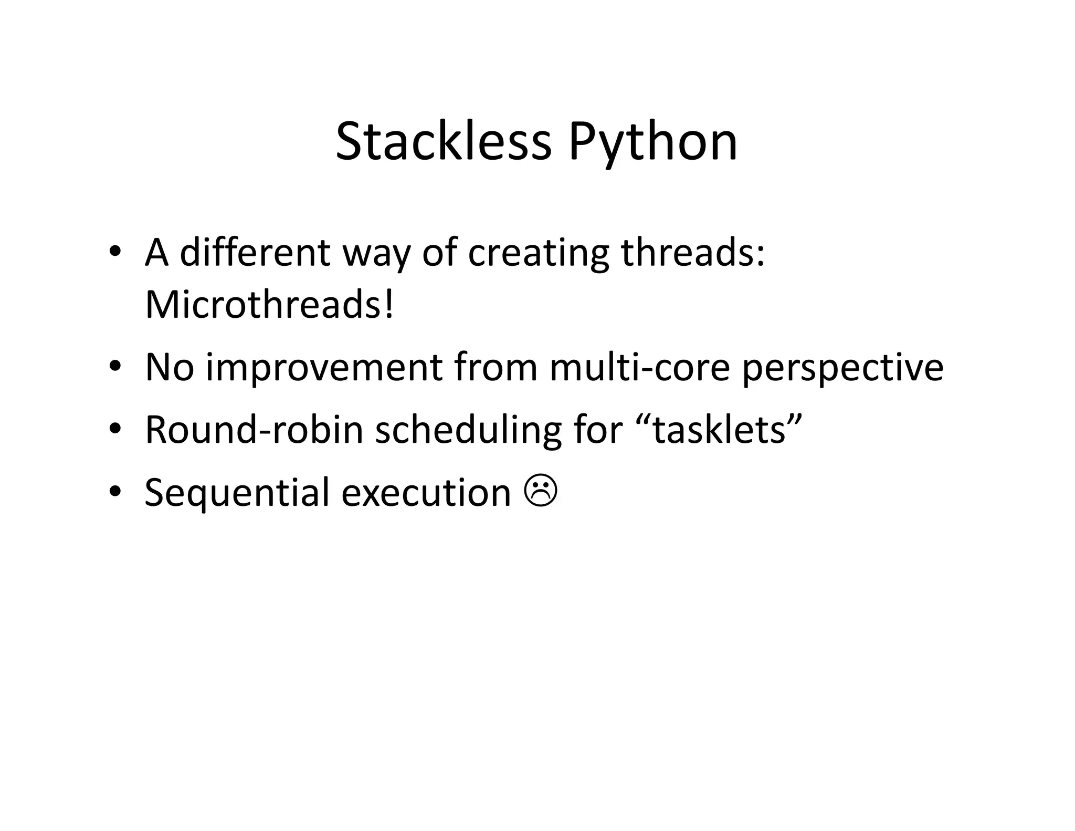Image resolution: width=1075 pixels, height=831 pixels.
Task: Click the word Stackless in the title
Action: tap(444, 142)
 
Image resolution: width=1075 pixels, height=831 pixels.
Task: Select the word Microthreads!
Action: tap(269, 305)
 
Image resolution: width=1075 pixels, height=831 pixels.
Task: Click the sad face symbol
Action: tap(541, 492)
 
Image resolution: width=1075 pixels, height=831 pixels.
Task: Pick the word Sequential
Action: tap(237, 493)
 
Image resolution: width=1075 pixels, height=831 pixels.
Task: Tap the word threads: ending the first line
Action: tap(693, 253)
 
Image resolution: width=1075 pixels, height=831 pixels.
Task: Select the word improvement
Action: tap(324, 367)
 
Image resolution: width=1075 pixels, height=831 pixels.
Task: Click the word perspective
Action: tap(842, 368)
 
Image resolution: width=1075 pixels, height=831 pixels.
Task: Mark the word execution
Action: tap(426, 493)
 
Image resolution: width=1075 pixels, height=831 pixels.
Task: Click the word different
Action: tap(255, 253)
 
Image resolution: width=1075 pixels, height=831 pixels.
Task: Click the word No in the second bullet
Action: tap(170, 367)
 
